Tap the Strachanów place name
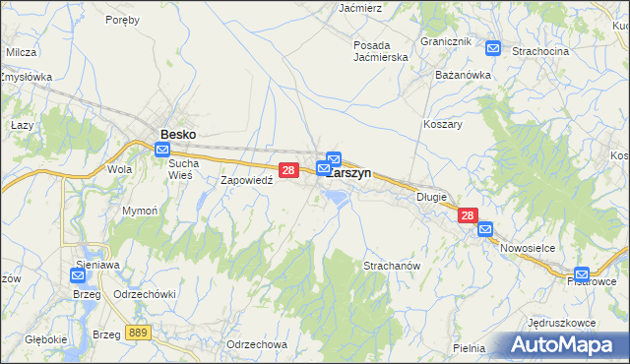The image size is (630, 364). [393, 267]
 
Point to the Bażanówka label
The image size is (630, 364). [463, 74]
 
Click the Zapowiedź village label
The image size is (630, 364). [245, 181]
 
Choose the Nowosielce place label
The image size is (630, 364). [529, 249]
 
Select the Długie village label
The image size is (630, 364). [430, 197]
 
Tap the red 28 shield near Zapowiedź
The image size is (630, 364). [288, 170]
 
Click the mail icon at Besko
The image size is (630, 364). [162, 149]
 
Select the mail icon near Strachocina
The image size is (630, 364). [492, 47]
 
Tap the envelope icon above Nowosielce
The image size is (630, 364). [485, 229]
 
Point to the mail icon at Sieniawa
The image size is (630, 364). [80, 276]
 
